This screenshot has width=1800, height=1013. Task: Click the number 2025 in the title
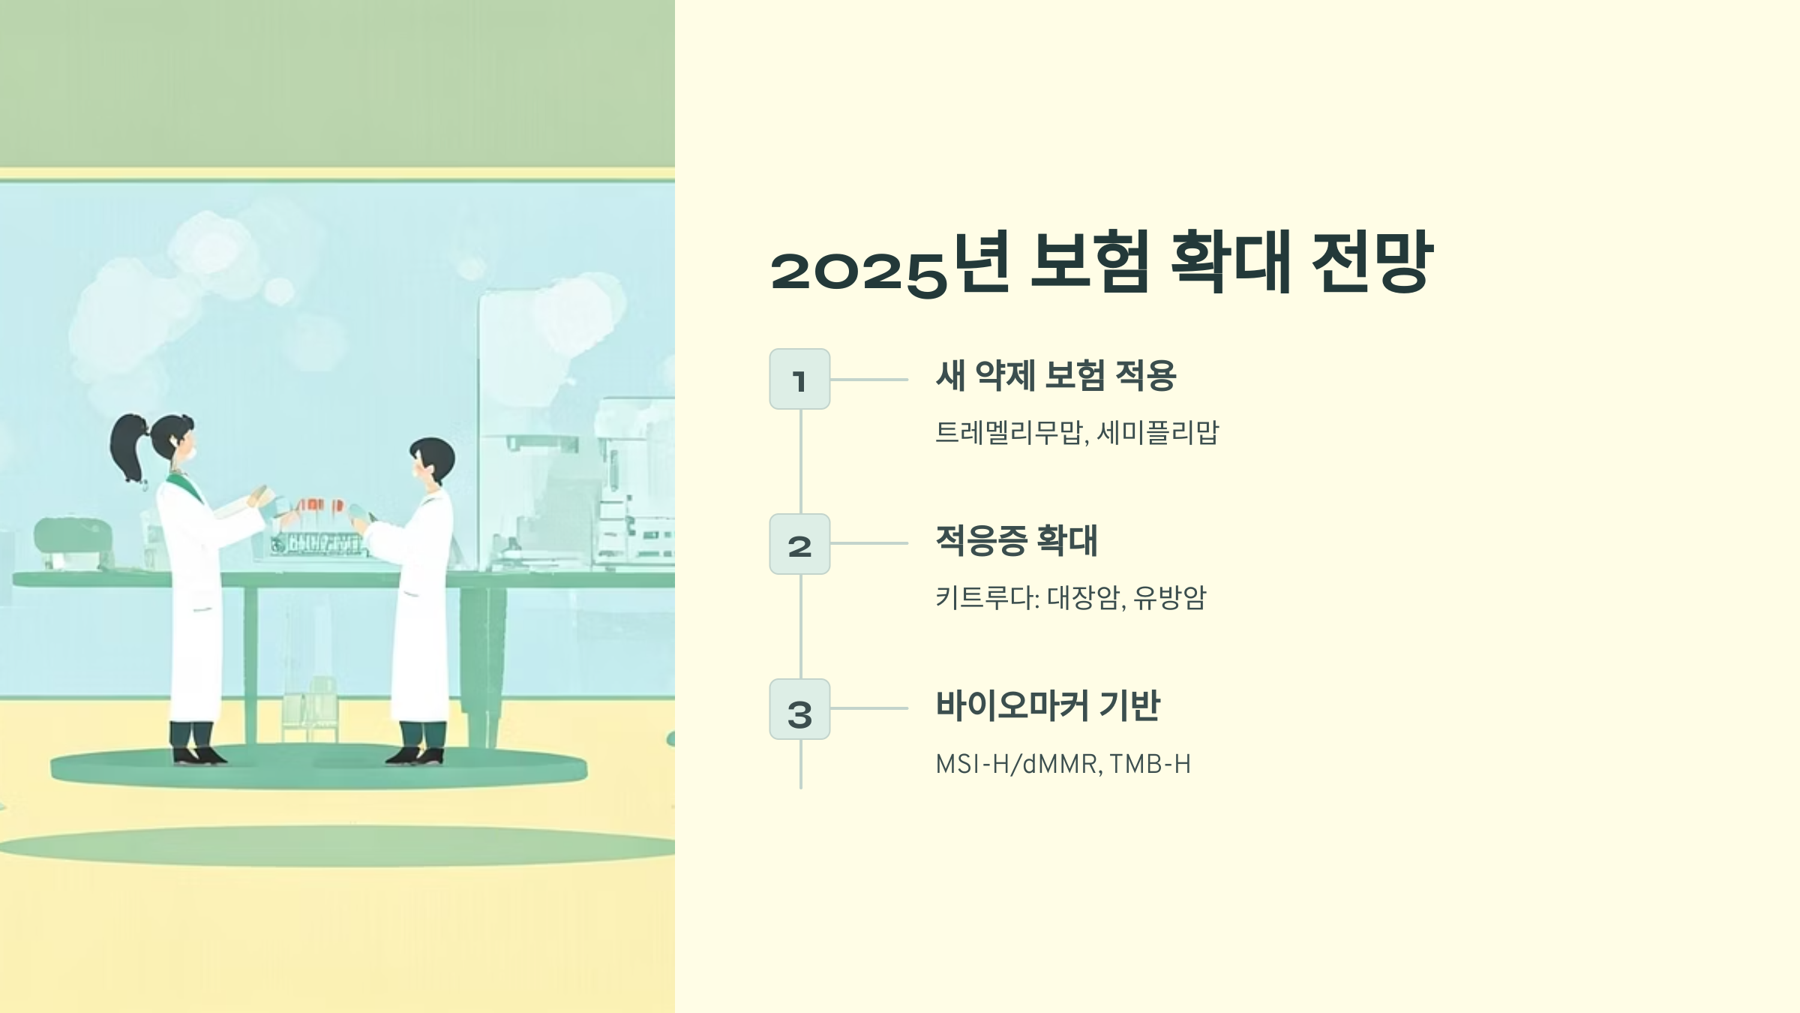(x=859, y=271)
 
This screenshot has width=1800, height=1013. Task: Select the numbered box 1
(x=799, y=380)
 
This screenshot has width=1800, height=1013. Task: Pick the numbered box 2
(x=799, y=545)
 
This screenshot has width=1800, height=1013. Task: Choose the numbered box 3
(x=799, y=710)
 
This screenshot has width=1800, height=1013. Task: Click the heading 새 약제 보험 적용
(x=1056, y=376)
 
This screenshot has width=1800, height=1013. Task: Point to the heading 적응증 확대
(x=1016, y=541)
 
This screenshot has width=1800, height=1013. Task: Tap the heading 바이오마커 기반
(x=1048, y=706)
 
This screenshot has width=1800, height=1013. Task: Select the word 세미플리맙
(x=1158, y=433)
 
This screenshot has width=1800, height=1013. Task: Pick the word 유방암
(x=1169, y=598)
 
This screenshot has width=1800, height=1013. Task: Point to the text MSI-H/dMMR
(x=1017, y=764)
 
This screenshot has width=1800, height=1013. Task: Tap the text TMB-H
(x=1150, y=764)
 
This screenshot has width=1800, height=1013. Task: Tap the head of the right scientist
(x=432, y=459)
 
